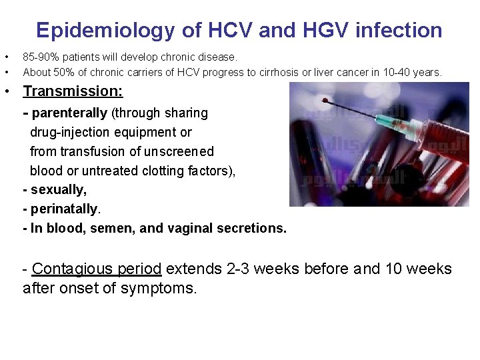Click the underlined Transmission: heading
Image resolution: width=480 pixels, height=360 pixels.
[x=73, y=91]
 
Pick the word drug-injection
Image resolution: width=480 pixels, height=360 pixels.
[x=70, y=133]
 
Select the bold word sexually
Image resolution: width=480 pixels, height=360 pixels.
[x=58, y=190]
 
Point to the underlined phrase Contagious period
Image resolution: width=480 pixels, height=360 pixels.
[x=97, y=269]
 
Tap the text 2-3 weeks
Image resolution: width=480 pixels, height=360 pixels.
[x=263, y=269]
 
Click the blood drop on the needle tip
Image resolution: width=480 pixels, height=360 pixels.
[x=325, y=101]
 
